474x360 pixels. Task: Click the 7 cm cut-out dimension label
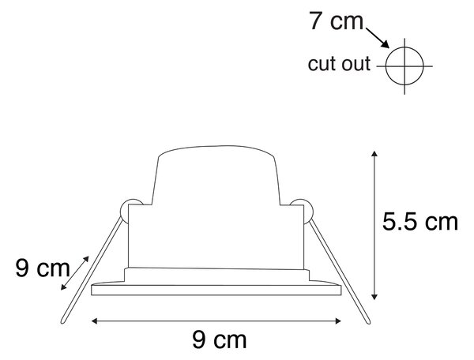pos(336,21)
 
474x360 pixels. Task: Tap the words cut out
pos(339,64)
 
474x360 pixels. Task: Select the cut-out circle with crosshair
pos(404,66)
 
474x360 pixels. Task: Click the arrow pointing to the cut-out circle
pos(378,38)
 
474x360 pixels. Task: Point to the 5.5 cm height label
pos(420,222)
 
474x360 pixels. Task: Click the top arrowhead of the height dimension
pos(374,153)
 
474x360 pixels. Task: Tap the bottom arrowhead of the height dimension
pos(374,297)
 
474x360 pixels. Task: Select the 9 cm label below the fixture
pos(220,339)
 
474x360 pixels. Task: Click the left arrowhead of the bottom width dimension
pos(94,321)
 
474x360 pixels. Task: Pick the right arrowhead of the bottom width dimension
pos(338,321)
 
